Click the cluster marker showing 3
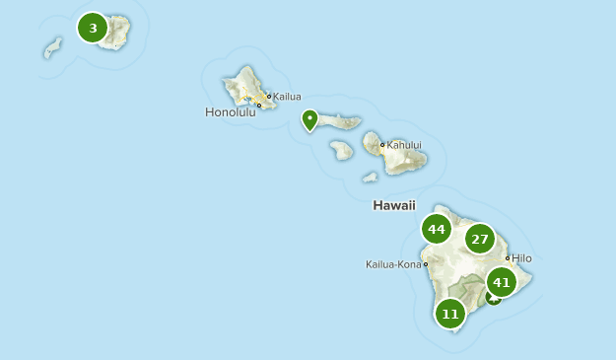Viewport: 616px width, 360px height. click(x=93, y=28)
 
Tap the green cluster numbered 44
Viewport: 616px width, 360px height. click(x=437, y=230)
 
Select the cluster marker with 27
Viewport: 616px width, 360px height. click(x=480, y=239)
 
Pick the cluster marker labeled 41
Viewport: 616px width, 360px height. click(x=502, y=282)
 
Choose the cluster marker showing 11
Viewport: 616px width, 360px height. click(x=450, y=315)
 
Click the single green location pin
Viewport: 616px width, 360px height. click(x=309, y=120)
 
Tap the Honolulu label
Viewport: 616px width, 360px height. click(x=230, y=112)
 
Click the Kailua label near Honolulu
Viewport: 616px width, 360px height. click(x=287, y=97)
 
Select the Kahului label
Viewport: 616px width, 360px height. click(x=404, y=145)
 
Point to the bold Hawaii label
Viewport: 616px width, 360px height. click(x=394, y=205)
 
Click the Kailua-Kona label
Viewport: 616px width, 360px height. click(x=393, y=264)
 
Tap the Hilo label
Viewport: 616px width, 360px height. click(x=521, y=258)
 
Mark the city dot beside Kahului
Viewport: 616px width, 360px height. click(x=382, y=145)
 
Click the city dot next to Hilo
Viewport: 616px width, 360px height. click(x=508, y=258)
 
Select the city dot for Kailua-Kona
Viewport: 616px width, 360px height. click(x=425, y=264)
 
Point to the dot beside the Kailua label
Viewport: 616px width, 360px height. click(x=268, y=97)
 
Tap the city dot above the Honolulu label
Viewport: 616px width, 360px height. click(x=259, y=106)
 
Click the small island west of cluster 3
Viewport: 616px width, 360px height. click(x=52, y=48)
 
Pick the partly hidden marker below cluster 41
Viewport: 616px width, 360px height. click(x=492, y=298)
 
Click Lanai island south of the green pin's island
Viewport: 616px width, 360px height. click(x=342, y=150)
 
